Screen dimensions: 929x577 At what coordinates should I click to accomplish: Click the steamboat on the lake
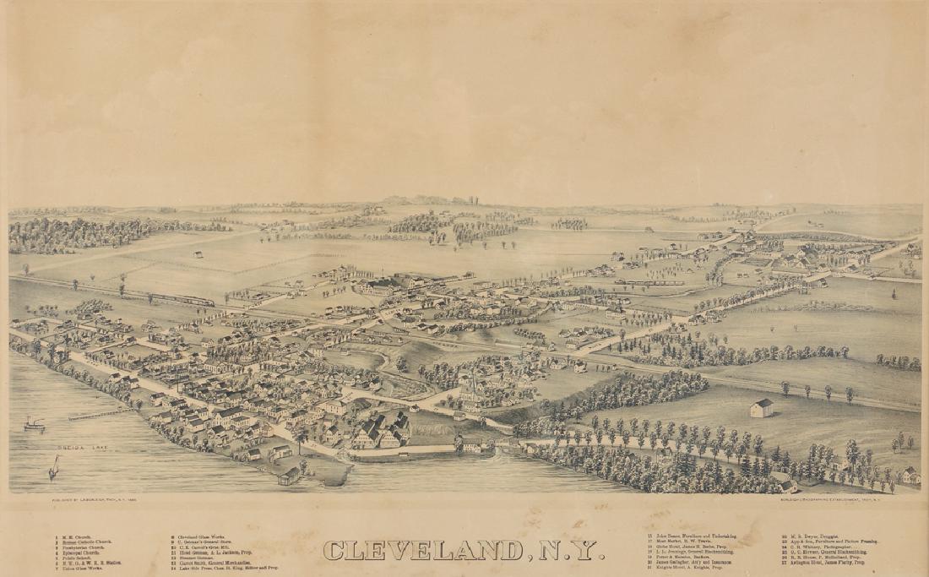pos(34,424)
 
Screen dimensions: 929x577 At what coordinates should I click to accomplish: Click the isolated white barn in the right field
pos(761,408)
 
